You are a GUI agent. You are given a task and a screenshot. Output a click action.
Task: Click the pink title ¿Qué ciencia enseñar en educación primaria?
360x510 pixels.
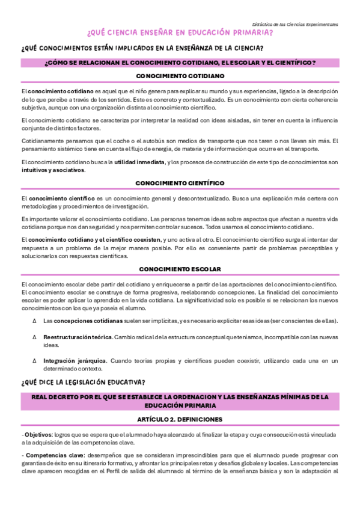tap(180, 33)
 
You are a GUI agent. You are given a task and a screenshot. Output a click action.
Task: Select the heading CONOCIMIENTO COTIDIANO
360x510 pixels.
tap(180, 76)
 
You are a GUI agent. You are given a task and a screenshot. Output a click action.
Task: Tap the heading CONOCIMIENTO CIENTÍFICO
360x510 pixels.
tap(180, 182)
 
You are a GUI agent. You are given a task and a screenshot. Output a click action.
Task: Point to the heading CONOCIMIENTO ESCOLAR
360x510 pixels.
tap(180, 269)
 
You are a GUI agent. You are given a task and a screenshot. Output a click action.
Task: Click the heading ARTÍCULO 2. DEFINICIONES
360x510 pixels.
tap(180, 419)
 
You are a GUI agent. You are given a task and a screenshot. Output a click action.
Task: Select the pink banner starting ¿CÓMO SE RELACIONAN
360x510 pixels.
tap(180, 63)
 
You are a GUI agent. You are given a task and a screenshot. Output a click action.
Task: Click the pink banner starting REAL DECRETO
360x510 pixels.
tap(180, 401)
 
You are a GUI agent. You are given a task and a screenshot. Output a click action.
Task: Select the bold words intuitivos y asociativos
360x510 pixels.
tap(53, 170)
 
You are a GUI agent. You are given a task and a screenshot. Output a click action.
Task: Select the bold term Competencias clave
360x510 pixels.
tap(50, 455)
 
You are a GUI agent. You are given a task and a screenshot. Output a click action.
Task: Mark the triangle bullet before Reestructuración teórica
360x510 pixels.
tap(34, 338)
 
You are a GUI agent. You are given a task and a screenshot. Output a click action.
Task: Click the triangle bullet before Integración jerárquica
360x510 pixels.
tap(34, 361)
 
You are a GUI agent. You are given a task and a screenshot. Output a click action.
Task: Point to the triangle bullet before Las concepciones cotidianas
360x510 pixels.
tap(34, 320)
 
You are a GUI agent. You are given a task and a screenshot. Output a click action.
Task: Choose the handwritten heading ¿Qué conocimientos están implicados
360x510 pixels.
tap(142, 48)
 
